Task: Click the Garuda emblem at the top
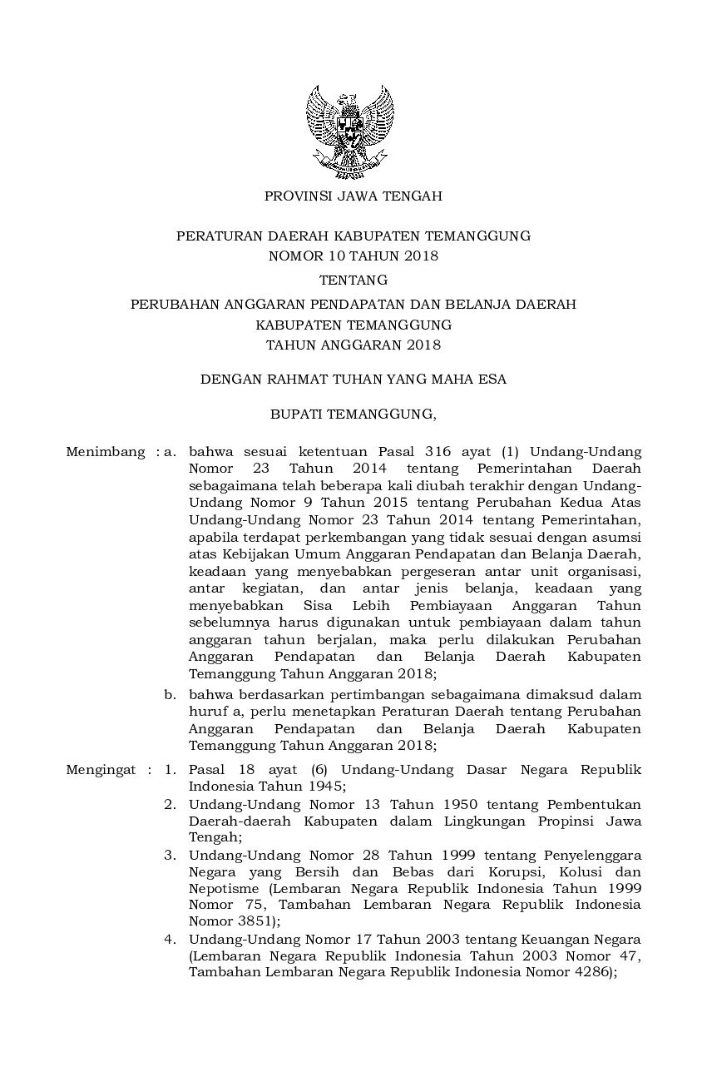click(350, 131)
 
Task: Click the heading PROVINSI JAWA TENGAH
click(353, 196)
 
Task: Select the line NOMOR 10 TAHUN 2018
click(353, 256)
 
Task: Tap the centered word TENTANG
click(353, 280)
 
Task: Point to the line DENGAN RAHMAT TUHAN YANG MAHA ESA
click(353, 380)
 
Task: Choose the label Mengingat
click(101, 770)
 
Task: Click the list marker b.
click(170, 694)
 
